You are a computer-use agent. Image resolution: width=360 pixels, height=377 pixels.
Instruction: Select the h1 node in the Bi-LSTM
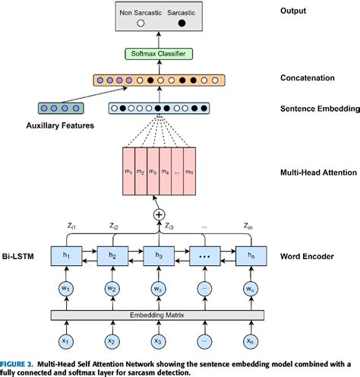click(68, 255)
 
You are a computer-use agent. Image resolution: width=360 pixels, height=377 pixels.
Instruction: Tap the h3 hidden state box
click(158, 255)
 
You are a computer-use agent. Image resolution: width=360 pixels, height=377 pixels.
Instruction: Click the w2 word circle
click(112, 289)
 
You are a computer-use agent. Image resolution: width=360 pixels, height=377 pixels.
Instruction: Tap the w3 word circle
click(158, 289)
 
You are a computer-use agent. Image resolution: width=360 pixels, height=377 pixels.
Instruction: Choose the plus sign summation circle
click(159, 215)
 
